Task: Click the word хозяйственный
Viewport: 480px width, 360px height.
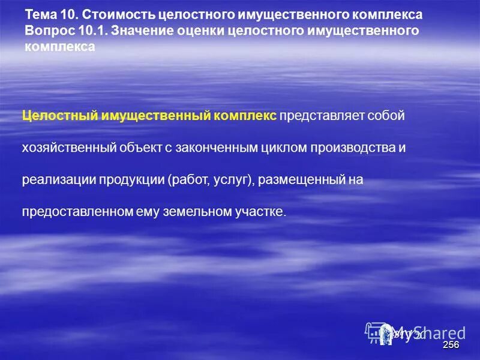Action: click(x=68, y=148)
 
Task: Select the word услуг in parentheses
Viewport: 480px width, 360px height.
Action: click(x=236, y=180)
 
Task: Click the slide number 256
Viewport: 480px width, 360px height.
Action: click(x=451, y=345)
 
